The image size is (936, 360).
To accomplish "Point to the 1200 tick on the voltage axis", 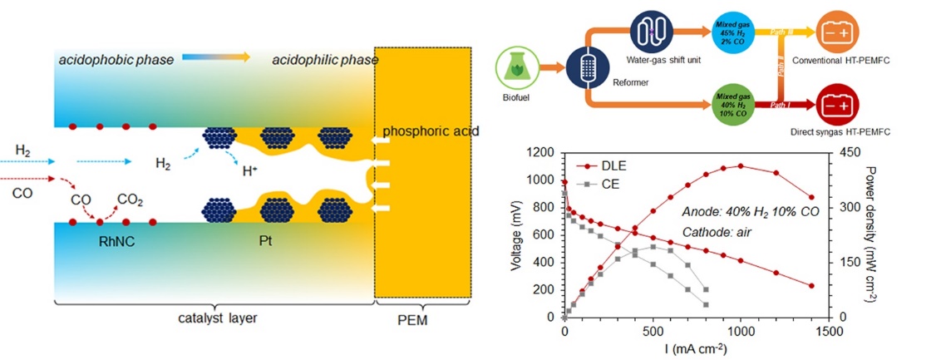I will [540, 153].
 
